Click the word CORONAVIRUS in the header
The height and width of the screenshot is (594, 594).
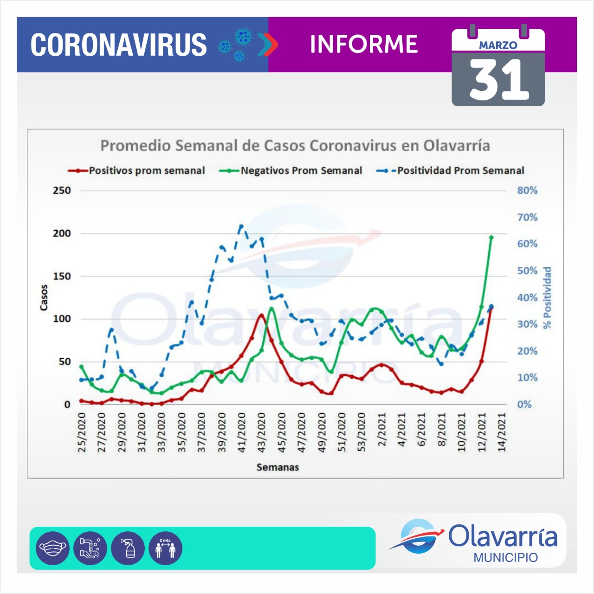(118, 45)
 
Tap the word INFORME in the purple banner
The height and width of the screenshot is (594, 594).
(364, 44)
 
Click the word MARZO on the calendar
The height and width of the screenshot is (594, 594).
(498, 45)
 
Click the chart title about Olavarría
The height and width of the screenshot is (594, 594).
(295, 146)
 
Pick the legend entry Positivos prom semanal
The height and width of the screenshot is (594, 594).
(147, 171)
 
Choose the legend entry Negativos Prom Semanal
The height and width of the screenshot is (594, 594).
(301, 171)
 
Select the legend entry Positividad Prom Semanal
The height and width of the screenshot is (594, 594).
(460, 171)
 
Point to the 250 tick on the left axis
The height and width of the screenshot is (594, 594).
(62, 190)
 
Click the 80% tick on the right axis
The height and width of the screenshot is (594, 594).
(527, 190)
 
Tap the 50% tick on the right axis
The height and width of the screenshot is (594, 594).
(527, 271)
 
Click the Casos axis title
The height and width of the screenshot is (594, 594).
(44, 297)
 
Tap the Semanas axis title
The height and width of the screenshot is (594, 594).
(278, 467)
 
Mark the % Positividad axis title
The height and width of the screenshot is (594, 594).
(548, 297)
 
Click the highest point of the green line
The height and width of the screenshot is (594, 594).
(491, 237)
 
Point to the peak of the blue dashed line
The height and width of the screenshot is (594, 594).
(241, 226)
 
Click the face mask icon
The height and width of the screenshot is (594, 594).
(52, 548)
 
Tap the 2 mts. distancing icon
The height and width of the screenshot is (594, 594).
(165, 548)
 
